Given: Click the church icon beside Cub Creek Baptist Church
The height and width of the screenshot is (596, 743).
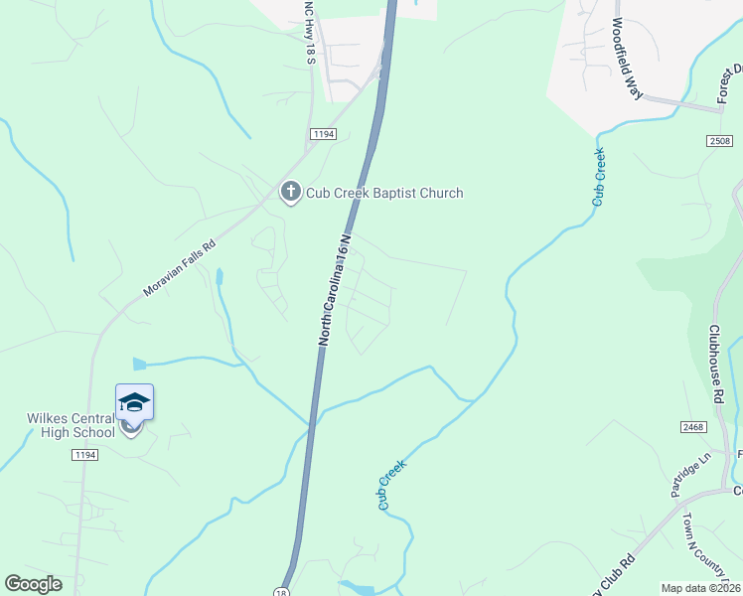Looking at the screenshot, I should [291, 192].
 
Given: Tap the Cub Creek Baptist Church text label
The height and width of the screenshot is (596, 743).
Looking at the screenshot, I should [383, 193].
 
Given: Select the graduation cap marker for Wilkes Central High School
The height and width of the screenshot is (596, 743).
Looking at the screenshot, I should [134, 403].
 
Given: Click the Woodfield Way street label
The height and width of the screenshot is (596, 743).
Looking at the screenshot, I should [629, 58].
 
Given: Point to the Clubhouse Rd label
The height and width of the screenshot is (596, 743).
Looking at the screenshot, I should [717, 364].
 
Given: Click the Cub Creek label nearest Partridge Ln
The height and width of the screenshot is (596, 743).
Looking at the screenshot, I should [392, 485].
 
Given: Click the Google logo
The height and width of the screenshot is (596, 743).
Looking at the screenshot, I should [33, 584].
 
